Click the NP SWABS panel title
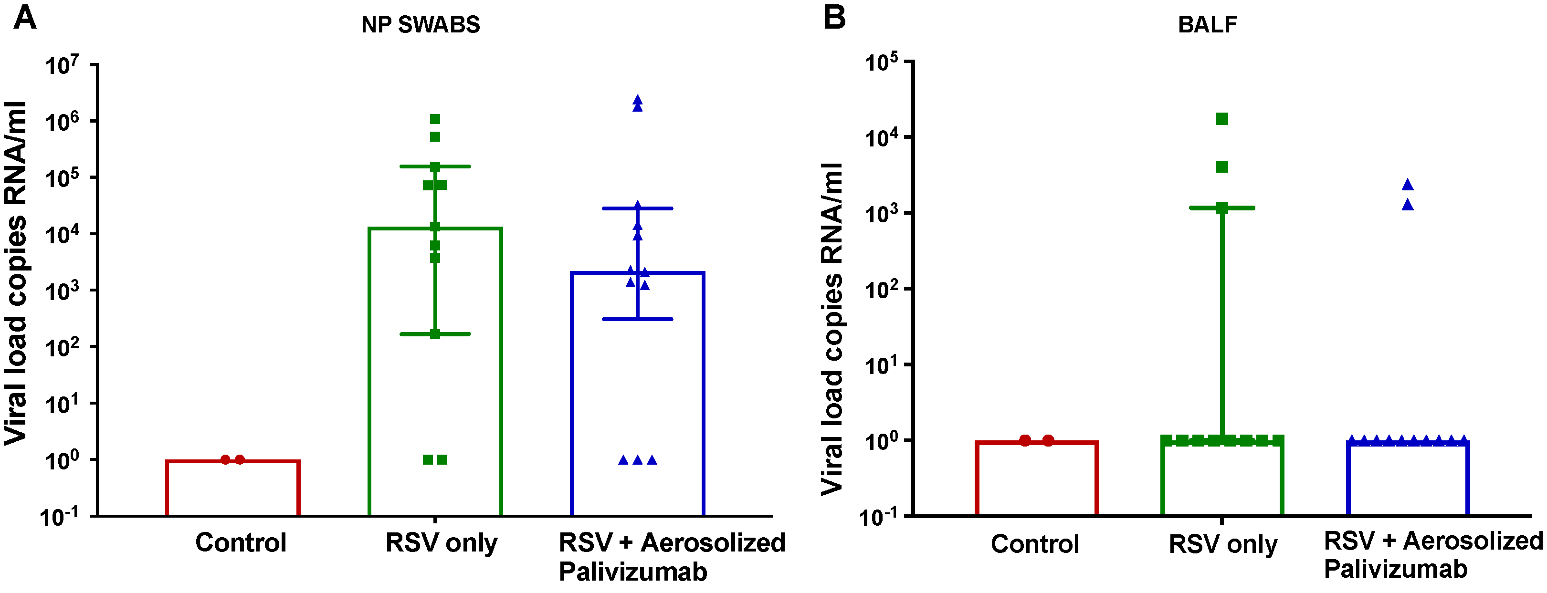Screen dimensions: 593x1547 [x=421, y=25]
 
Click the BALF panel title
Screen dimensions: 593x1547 [x=1207, y=25]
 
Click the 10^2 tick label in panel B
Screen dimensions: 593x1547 [x=882, y=289]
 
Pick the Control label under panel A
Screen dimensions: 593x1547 [x=240, y=542]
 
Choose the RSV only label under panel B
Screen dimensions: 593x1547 [x=1223, y=544]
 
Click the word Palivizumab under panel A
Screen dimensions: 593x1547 [x=633, y=572]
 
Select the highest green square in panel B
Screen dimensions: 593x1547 [x=1222, y=119]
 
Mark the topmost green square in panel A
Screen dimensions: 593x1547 [x=435, y=119]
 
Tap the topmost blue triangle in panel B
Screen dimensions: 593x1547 [x=1408, y=185]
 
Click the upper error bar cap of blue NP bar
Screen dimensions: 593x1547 [x=637, y=208]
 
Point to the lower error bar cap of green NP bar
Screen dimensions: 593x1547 [x=435, y=334]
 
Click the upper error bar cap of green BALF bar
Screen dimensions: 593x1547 [x=1222, y=208]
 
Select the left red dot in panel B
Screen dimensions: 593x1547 [x=1025, y=440]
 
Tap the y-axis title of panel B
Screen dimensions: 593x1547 [x=832, y=329]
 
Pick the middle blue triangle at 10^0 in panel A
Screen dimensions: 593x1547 [x=637, y=460]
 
